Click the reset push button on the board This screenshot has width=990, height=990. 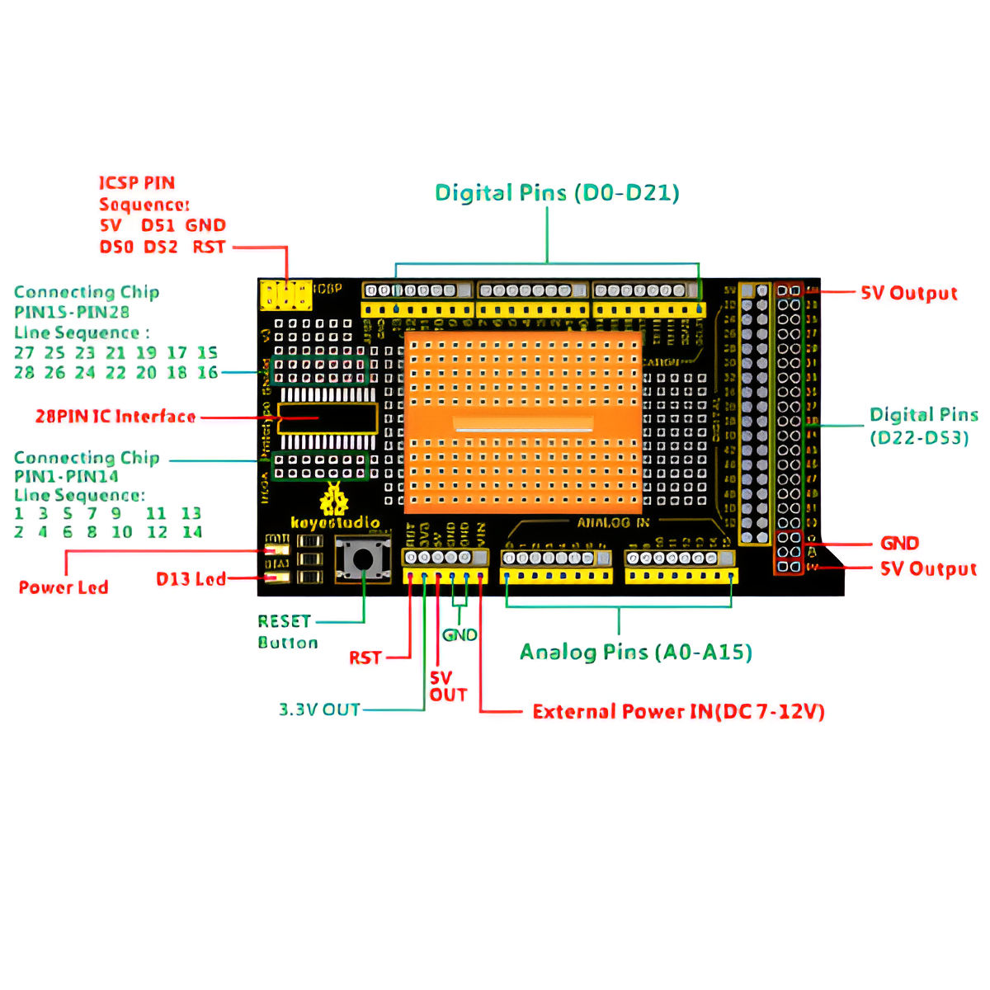click(362, 559)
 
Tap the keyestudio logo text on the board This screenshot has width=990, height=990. click(335, 522)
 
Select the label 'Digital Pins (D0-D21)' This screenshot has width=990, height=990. click(557, 193)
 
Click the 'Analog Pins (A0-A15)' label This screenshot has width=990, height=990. click(635, 653)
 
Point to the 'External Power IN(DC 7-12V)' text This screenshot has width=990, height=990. click(678, 711)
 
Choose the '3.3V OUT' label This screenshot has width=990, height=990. click(319, 709)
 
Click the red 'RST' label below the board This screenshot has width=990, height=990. click(365, 658)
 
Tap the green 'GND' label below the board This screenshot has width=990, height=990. click(460, 634)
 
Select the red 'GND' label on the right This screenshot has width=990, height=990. click(899, 543)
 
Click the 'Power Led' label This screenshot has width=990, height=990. click(64, 587)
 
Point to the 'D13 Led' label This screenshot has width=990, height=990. click(191, 579)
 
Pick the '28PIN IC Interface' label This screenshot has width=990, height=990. click(115, 417)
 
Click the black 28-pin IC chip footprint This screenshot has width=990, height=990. click(328, 418)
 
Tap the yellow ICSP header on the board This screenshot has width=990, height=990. click(285, 295)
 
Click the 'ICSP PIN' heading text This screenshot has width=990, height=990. click(137, 183)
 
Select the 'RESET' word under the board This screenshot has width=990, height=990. click(284, 621)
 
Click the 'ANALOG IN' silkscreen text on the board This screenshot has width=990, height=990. click(613, 522)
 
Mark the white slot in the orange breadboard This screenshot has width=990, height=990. click(523, 426)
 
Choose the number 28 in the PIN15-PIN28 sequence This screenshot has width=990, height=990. click(24, 373)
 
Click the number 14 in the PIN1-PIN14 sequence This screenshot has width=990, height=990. click(192, 532)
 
